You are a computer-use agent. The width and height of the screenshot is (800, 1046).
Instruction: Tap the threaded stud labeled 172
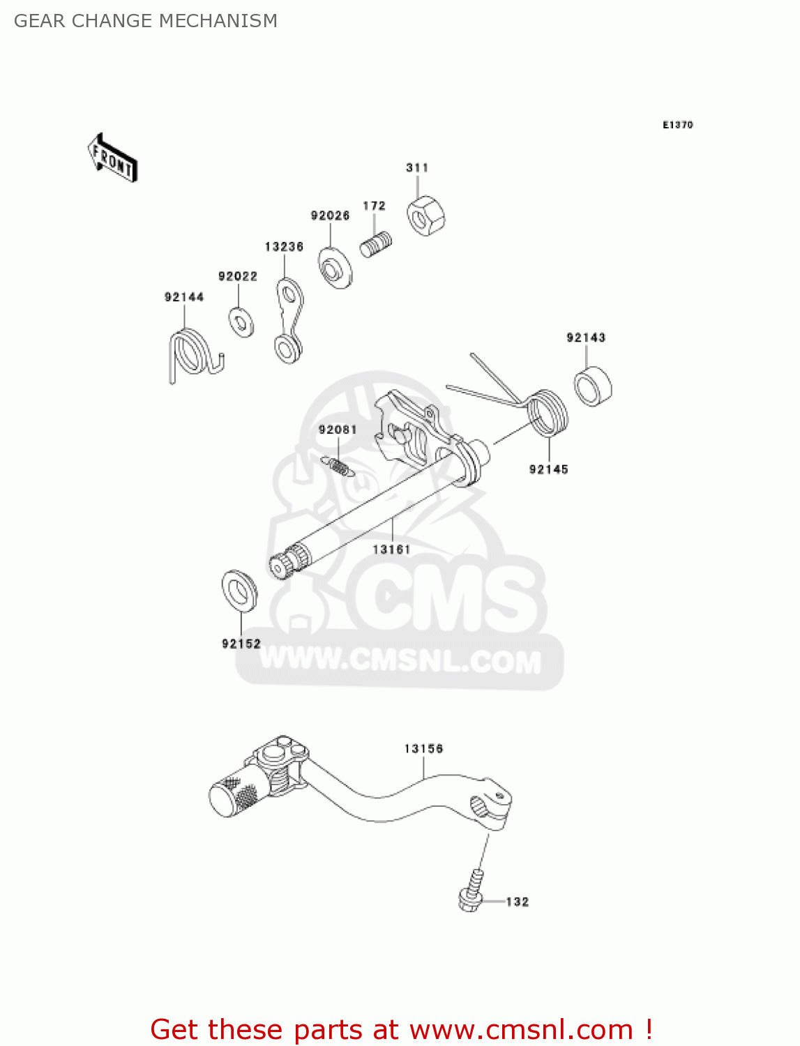(376, 245)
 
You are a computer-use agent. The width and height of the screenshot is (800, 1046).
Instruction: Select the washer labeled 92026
(335, 266)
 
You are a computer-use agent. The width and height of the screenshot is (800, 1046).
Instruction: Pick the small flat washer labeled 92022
(241, 321)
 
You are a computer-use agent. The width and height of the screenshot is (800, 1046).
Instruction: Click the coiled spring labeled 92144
(190, 354)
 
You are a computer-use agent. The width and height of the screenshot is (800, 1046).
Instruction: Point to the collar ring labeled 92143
(593, 386)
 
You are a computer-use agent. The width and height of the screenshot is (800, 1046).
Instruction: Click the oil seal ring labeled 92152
(239, 590)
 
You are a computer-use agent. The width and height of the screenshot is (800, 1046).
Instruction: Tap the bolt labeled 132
(471, 892)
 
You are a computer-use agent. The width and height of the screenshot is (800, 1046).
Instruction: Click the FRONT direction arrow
(112, 158)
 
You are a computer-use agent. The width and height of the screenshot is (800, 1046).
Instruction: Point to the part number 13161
(391, 549)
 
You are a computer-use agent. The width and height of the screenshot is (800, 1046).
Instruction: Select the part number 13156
(423, 748)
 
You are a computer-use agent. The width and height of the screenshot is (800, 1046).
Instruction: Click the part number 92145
(548, 469)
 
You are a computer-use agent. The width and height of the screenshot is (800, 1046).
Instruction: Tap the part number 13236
(284, 247)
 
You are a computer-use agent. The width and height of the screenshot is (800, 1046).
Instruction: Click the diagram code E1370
(677, 125)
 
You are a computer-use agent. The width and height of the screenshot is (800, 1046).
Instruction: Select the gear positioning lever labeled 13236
(287, 320)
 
